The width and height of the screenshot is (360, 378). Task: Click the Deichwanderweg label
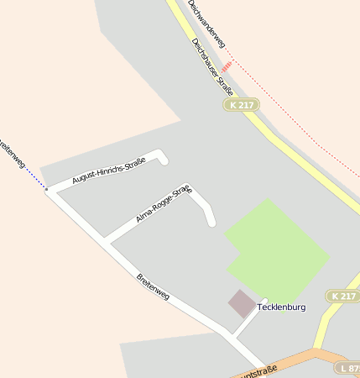tap(207, 22)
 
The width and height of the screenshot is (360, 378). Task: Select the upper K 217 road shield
tap(242, 104)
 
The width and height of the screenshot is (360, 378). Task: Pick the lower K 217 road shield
tap(343, 297)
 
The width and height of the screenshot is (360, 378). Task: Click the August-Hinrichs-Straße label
tap(108, 171)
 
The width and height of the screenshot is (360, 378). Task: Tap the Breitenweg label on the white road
tap(153, 286)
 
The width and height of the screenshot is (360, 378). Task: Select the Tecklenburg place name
tap(281, 307)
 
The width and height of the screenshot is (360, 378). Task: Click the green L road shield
tap(347, 368)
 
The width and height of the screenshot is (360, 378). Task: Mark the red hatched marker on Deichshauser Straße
tap(227, 66)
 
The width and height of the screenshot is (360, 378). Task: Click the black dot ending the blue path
tap(46, 190)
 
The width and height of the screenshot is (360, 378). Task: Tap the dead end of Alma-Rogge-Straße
tap(211, 222)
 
